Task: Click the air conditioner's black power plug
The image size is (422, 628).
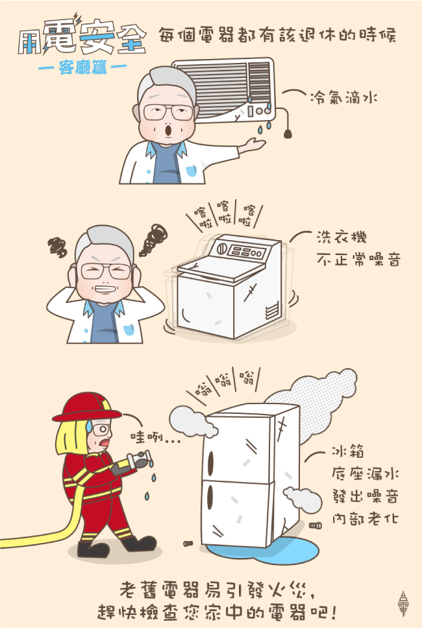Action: coord(288,134)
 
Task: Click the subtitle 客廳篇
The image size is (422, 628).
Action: coord(82,67)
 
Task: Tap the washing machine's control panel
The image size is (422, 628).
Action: coord(241,250)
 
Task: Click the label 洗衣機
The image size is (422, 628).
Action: coord(341,237)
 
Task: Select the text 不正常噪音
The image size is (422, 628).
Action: coord(358,260)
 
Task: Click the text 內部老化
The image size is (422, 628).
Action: coord(365,518)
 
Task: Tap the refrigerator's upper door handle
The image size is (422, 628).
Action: coord(210,462)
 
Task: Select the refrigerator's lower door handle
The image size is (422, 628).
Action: coord(210,497)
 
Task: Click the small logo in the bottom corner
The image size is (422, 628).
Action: coord(404,603)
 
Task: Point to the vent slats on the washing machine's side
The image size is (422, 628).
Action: coord(272,310)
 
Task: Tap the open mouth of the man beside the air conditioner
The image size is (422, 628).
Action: coord(169,130)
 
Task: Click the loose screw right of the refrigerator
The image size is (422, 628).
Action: coord(316,525)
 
